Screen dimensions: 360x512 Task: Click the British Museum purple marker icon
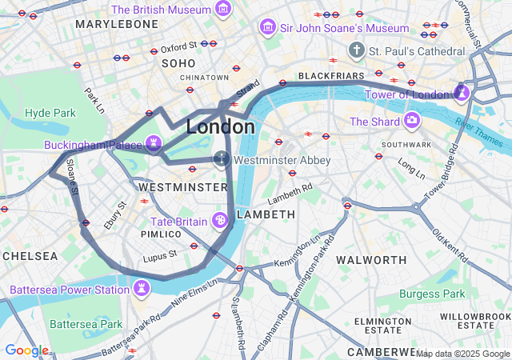(x=223, y=10)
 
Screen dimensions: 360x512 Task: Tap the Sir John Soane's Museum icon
(x=266, y=28)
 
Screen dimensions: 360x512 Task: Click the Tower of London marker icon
(x=462, y=94)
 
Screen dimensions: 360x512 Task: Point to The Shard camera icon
(x=412, y=121)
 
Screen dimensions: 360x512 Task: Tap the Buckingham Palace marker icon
(x=154, y=144)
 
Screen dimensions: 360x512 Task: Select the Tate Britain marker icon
(x=219, y=220)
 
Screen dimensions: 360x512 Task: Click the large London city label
(x=221, y=127)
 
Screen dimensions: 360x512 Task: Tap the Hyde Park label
(x=50, y=113)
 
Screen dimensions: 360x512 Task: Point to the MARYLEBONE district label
(x=117, y=24)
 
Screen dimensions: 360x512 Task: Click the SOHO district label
(x=178, y=62)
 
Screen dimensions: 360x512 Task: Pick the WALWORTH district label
(x=371, y=260)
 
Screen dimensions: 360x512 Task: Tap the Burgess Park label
(x=432, y=294)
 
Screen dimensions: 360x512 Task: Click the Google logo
(x=26, y=350)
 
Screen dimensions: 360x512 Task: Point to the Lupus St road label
(x=161, y=255)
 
